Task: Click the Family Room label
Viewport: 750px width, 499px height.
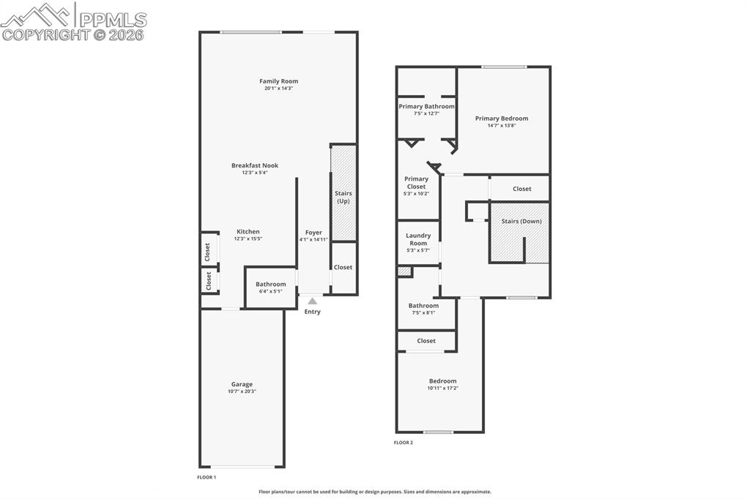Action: coord(278,81)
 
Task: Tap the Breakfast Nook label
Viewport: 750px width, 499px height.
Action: coord(255,165)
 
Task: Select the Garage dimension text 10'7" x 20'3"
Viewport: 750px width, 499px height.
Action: coord(242,391)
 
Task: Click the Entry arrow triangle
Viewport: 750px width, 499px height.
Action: coord(313,300)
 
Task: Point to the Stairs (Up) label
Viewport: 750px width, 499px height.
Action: coord(344,197)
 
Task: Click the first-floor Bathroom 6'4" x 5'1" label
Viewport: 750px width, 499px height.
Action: coord(270,285)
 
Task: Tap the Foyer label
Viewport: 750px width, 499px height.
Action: coord(313,233)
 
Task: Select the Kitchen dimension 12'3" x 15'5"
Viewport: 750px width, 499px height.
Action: coord(248,239)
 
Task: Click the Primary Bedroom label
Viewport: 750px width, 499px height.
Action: coord(501,118)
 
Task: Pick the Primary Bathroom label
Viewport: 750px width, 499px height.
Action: coord(426,106)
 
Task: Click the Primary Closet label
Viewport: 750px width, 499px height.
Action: coord(417,182)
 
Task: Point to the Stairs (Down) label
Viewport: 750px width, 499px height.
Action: coord(521,220)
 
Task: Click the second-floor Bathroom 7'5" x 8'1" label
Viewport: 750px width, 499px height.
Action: coord(423,306)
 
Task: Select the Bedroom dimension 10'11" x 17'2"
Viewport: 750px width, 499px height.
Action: coord(442,388)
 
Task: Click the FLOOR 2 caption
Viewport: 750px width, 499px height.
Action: coord(404,443)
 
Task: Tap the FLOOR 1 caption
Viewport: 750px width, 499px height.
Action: coord(207,477)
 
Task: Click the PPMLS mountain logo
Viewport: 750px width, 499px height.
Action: coord(37,15)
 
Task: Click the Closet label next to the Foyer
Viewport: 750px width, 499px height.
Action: coord(343,267)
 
